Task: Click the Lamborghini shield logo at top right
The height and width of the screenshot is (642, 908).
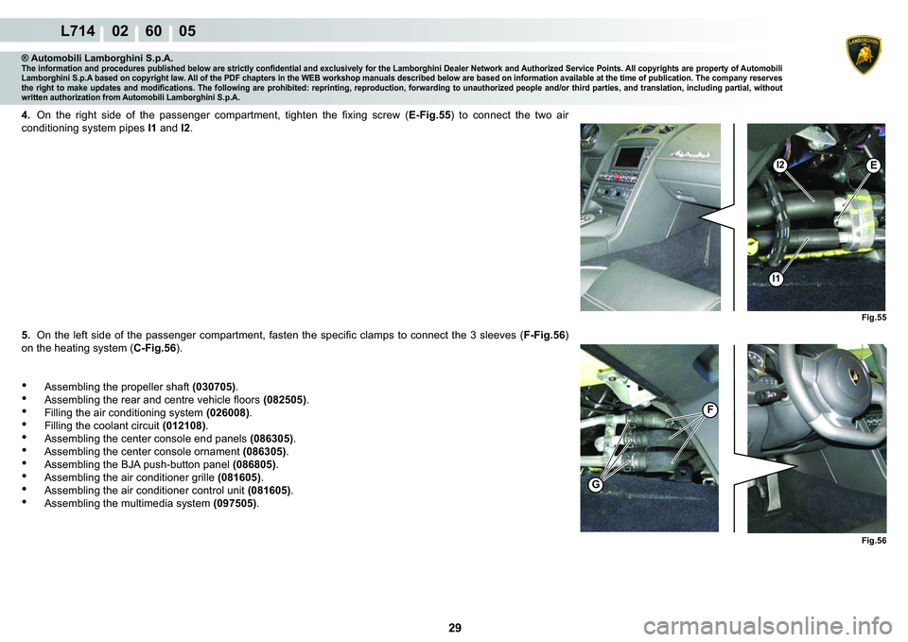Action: click(x=864, y=56)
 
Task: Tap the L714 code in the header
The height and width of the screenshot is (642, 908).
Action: click(x=78, y=30)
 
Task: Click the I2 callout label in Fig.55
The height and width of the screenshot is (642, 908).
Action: click(x=780, y=165)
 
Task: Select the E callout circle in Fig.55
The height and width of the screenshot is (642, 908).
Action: click(x=873, y=165)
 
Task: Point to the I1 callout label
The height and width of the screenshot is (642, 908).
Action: click(x=776, y=279)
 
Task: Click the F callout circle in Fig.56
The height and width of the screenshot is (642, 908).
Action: click(x=710, y=410)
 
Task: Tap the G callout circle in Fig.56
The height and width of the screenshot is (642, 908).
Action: click(x=595, y=484)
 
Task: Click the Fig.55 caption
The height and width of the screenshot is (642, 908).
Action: click(x=874, y=318)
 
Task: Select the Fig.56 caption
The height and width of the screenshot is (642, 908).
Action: click(x=874, y=541)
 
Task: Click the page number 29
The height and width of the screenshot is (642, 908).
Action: click(x=455, y=628)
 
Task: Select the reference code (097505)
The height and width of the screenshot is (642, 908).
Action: click(x=236, y=503)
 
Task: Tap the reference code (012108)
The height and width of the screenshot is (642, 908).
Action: click(x=183, y=425)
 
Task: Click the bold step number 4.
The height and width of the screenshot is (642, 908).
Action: click(x=26, y=114)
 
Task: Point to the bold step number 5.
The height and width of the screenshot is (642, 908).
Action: click(x=26, y=335)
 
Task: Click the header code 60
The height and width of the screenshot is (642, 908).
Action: click(x=153, y=30)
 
